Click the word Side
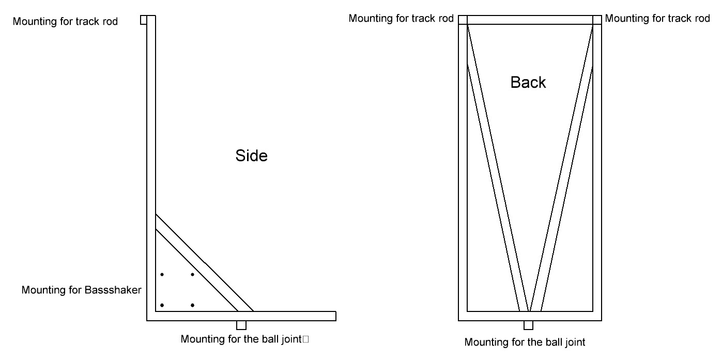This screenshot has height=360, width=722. [252, 155]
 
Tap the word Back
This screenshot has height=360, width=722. [528, 82]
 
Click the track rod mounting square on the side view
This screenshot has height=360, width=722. [144, 20]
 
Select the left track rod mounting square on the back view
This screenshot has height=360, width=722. [463, 20]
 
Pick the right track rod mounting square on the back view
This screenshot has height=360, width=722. [597, 20]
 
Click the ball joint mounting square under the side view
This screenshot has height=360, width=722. [241, 325]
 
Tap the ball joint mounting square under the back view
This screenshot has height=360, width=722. [528, 325]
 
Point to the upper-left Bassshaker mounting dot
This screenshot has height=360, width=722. [162, 274]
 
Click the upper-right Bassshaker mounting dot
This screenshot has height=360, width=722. [192, 274]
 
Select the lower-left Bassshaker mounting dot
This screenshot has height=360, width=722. [162, 305]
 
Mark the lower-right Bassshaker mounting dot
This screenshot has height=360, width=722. [192, 305]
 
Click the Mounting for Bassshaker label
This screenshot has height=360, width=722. [81, 290]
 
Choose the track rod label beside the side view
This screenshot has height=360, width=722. [65, 21]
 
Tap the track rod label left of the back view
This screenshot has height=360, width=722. [401, 19]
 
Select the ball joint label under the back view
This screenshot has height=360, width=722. [525, 342]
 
